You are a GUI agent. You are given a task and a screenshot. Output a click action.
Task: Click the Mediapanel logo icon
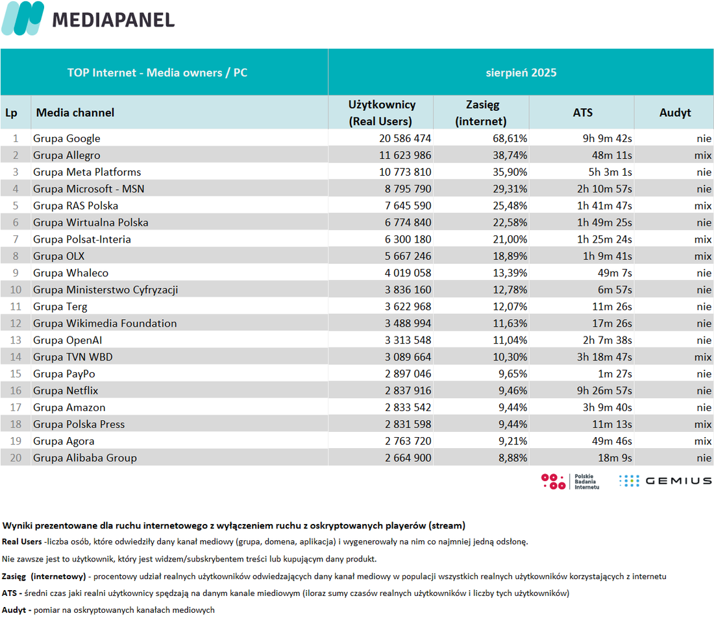[x=23, y=18]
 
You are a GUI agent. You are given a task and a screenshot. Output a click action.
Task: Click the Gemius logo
[x=665, y=481]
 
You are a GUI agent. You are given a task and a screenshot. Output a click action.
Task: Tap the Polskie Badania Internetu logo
[x=570, y=481]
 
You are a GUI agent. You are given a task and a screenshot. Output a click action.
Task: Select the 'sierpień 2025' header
[x=521, y=73]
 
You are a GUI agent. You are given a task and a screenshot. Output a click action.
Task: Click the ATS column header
[x=582, y=113]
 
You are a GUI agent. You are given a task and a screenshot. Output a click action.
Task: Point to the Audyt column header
[x=675, y=113]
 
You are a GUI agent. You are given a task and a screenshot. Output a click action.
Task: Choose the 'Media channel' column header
[x=75, y=113]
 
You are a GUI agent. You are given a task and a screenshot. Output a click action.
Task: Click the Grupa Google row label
[x=66, y=138]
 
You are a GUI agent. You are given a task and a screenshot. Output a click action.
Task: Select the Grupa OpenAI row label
[x=68, y=340]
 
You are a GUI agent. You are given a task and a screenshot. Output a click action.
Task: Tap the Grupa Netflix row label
[x=66, y=391]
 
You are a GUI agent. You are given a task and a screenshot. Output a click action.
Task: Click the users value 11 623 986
[x=405, y=155]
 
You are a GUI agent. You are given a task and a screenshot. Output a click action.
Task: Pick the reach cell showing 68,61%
[x=510, y=138]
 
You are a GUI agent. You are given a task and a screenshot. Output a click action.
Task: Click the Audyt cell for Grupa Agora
[x=702, y=442]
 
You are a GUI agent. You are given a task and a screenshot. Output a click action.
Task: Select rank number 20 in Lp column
[x=16, y=458]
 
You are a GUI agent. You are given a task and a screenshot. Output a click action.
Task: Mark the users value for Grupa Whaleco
[x=408, y=273]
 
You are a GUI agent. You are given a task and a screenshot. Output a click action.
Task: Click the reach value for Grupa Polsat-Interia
[x=510, y=239]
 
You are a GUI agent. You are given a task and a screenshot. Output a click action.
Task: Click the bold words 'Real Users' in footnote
[x=22, y=541]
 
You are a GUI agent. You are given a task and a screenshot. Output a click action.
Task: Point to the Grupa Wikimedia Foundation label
[x=105, y=324]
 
